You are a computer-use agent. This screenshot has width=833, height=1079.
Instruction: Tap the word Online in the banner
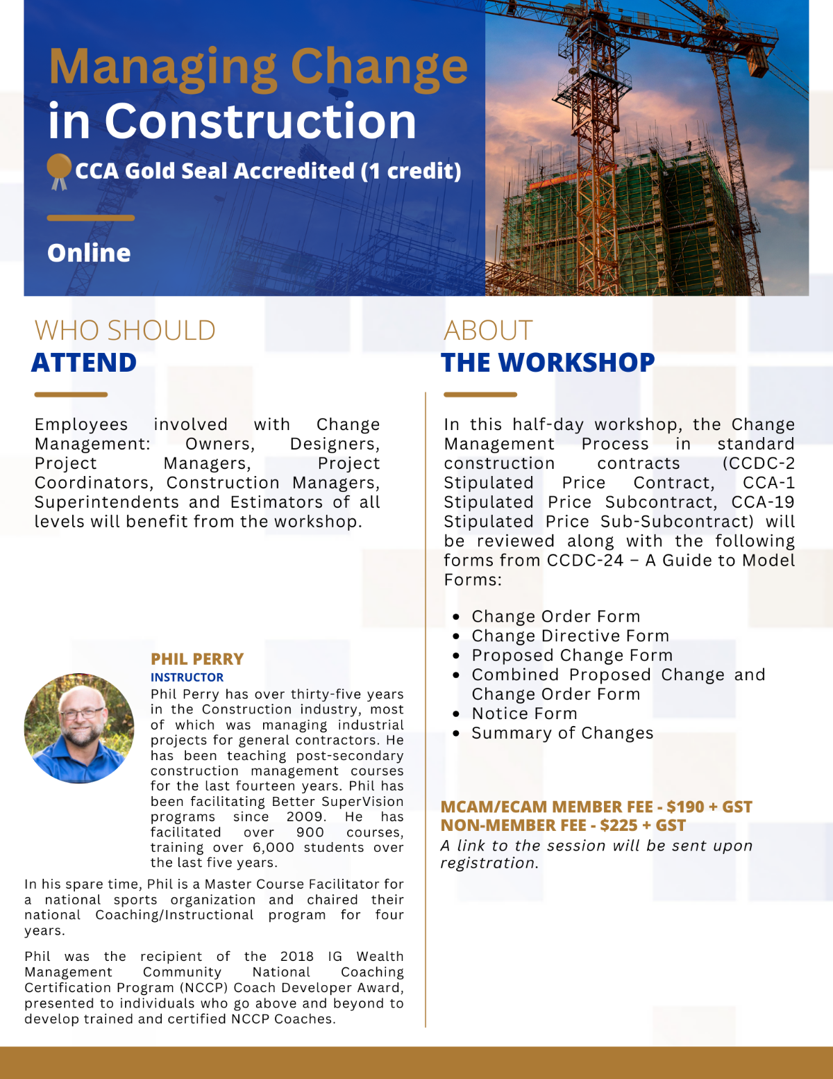pyautogui.click(x=89, y=253)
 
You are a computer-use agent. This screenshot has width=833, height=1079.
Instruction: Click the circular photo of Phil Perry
pyautogui.click(x=79, y=728)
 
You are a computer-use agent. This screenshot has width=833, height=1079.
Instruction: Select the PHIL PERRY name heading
pyautogui.click(x=197, y=659)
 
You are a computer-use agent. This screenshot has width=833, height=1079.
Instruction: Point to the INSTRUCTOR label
pyautogui.click(x=187, y=677)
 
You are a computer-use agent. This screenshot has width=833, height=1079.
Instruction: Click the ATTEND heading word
pyautogui.click(x=84, y=363)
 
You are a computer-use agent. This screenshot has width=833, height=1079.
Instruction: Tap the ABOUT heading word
pyautogui.click(x=488, y=330)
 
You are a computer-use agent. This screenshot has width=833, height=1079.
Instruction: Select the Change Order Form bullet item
pyautogui.click(x=555, y=616)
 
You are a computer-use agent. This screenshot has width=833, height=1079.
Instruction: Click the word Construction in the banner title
pyautogui.click(x=260, y=122)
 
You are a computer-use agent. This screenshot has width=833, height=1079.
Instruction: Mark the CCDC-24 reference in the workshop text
pyautogui.click(x=585, y=560)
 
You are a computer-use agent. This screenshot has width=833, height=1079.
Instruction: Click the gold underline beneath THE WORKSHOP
pyautogui.click(x=480, y=395)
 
